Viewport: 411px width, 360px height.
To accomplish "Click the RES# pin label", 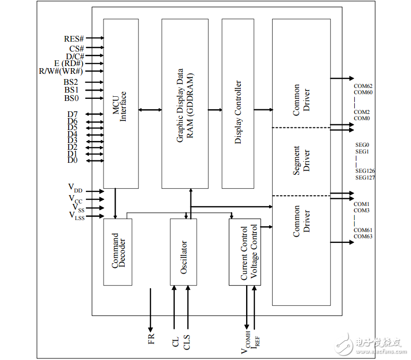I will tap(74, 38).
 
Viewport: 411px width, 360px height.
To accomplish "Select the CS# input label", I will tap(76, 48).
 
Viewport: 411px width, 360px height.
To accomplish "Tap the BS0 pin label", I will tap(72, 98).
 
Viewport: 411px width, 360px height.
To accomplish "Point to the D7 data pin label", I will tap(72, 114).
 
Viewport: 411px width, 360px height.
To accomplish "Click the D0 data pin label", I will tap(72, 160).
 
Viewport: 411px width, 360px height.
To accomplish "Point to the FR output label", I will tap(151, 339).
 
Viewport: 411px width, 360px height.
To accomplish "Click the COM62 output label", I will tap(363, 86).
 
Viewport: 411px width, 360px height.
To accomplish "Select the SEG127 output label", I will tap(365, 178).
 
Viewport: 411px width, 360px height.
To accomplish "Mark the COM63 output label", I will tap(363, 237).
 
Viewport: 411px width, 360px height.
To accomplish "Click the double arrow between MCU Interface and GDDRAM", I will tap(150, 110).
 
